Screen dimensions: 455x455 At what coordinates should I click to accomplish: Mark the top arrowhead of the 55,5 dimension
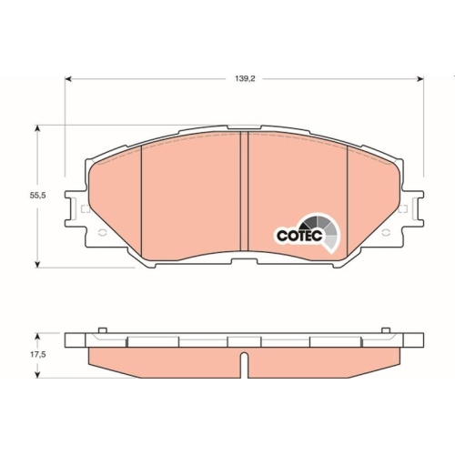point(37,130)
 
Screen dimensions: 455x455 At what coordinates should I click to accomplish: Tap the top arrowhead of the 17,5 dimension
point(37,333)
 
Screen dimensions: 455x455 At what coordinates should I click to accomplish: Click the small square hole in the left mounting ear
point(85,210)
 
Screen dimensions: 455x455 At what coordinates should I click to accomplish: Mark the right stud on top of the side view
point(387,330)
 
